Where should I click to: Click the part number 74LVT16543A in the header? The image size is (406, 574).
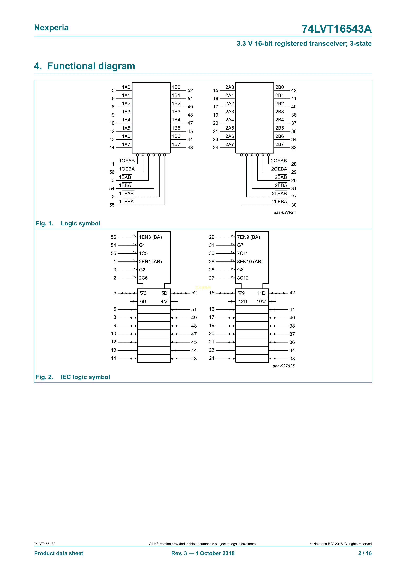tap(336, 29)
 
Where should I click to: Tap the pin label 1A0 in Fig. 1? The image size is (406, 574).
tap(126, 87)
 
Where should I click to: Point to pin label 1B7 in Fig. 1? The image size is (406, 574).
tap(176, 144)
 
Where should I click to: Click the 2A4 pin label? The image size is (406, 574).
tap(229, 120)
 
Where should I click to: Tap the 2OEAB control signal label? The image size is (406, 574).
tap(279, 161)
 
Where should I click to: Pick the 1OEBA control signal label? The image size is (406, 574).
tap(127, 169)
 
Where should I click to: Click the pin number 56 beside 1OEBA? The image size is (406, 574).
tap(112, 172)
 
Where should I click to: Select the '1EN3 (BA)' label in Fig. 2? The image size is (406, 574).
tap(150, 237)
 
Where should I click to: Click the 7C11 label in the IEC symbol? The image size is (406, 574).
tap(243, 253)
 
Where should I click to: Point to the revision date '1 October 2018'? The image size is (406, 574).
tap(215, 553)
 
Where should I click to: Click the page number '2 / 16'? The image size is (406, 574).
tap(365, 553)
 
